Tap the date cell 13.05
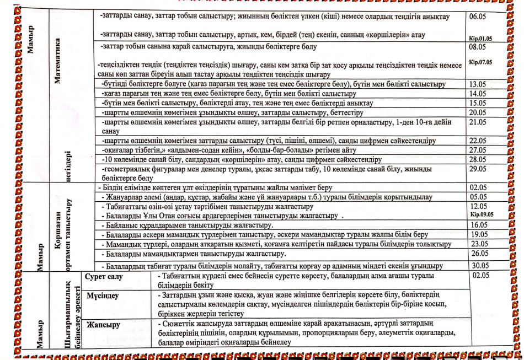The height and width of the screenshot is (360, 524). (477, 84)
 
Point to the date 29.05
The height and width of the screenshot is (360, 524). (477, 168)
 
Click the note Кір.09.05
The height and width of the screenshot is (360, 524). (480, 215)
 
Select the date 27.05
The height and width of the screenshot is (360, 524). (477, 150)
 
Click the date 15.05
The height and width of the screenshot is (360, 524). (477, 103)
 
